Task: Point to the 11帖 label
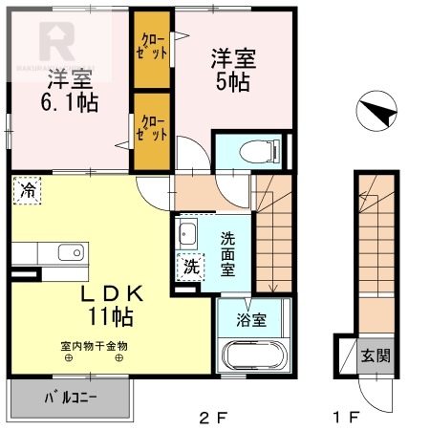tap(113, 315)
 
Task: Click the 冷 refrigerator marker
tap(26, 191)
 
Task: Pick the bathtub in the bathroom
tap(252, 356)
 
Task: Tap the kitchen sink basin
tap(70, 252)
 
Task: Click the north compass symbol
tap(376, 114)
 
